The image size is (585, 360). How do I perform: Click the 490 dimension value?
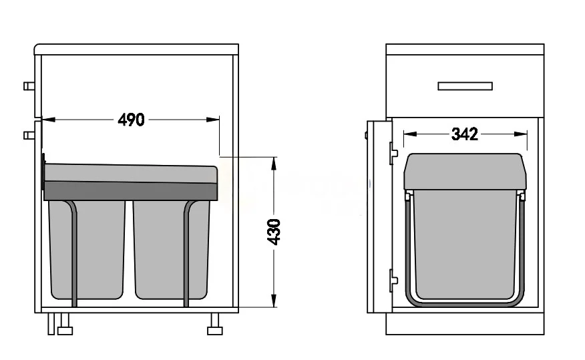[x=131, y=120]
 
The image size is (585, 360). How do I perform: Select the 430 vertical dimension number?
[x=274, y=231]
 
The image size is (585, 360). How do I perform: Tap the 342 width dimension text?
[x=465, y=134]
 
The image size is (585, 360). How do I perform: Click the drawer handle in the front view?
[x=465, y=86]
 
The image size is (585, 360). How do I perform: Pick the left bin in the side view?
[x=87, y=248]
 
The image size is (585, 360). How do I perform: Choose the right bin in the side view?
[x=172, y=248]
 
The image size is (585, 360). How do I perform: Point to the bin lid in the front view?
[x=465, y=172]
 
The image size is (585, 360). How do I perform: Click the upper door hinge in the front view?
[x=393, y=153]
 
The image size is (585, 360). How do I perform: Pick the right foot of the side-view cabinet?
[x=215, y=330]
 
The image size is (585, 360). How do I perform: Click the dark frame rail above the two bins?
[x=131, y=192]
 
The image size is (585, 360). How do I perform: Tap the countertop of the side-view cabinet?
[x=136, y=49]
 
